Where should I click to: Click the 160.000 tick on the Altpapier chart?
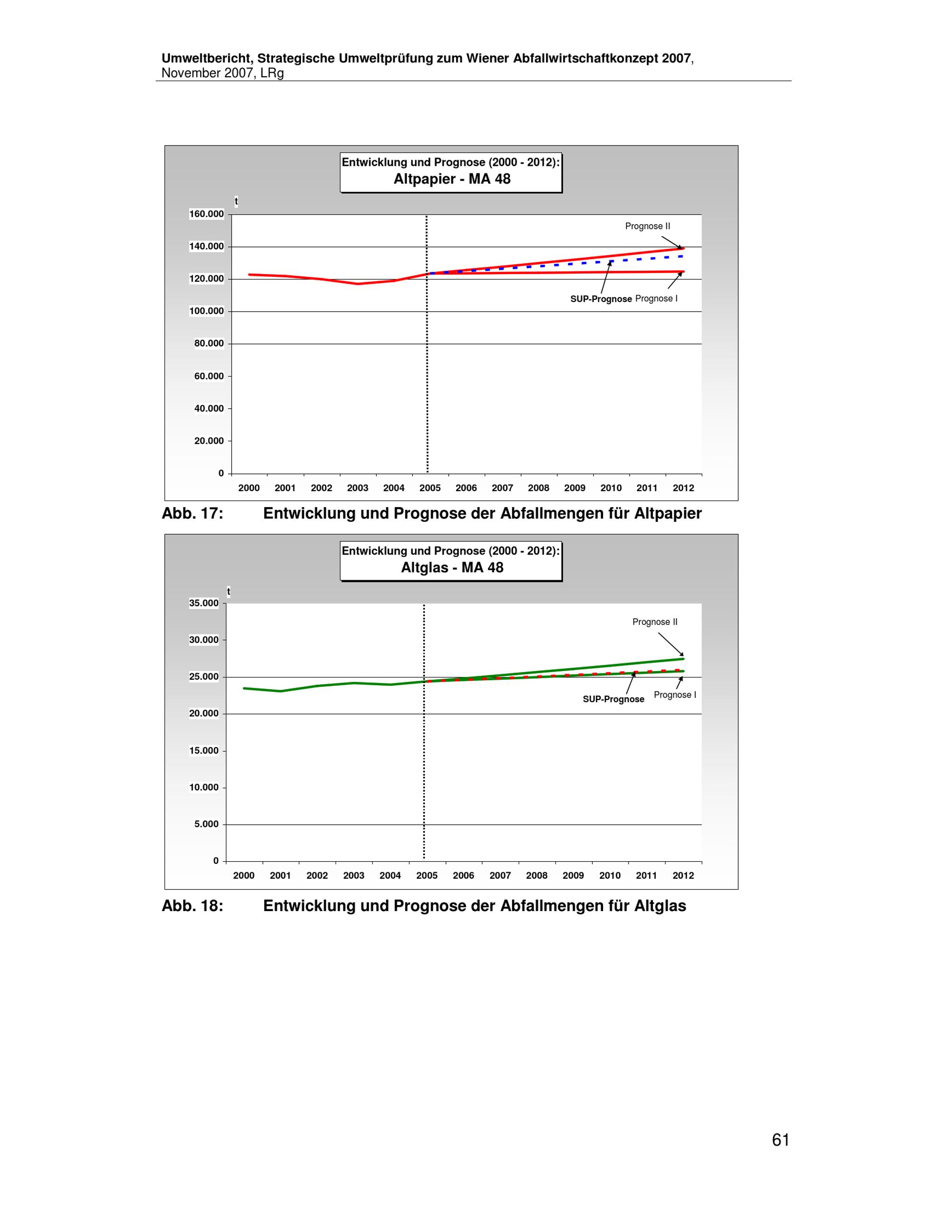tap(206, 214)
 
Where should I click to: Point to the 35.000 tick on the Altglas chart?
tap(204, 603)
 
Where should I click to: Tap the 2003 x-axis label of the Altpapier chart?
tap(358, 488)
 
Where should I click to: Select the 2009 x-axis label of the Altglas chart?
tap(573, 875)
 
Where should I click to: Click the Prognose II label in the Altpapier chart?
tap(648, 226)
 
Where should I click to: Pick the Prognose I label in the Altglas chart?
tap(675, 695)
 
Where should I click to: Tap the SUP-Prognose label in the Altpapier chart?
tap(601, 299)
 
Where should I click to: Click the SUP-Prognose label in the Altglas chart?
tap(613, 699)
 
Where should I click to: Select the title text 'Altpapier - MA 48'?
tap(452, 179)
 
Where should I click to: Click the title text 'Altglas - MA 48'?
tap(452, 568)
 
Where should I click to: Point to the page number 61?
tap(781, 1140)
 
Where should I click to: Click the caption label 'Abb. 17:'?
tap(192, 514)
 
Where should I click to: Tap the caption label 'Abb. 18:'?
tap(192, 906)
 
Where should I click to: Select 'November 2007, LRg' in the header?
tap(222, 74)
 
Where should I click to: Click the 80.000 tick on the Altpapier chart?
tap(209, 343)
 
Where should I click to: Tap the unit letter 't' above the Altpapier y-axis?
tap(236, 202)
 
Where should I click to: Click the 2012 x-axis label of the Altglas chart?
tap(683, 875)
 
